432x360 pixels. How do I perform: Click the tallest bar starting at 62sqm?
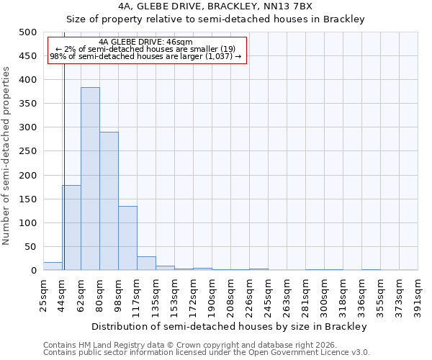tap(90, 179)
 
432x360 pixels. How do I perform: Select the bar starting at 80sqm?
tap(109, 201)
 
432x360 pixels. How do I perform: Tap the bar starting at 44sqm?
tap(71, 228)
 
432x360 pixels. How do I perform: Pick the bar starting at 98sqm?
tap(127, 238)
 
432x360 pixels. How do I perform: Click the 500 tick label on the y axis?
tap(27, 32)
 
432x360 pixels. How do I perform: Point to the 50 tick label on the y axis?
tap(30, 247)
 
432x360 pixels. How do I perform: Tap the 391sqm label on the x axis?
tap(418, 295)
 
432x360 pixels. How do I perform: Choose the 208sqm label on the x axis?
tap(231, 295)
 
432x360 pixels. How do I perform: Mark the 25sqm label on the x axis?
tap(44, 295)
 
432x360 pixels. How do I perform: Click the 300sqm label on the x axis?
tap(325, 295)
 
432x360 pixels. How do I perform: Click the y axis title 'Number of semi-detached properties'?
tap(7, 156)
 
